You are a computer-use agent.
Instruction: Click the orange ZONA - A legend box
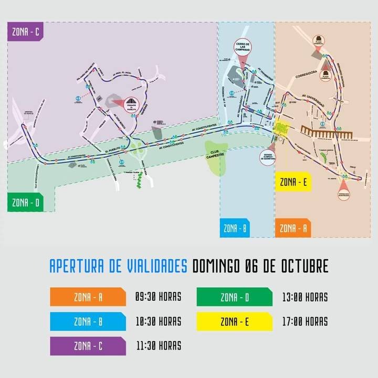tap(88, 297)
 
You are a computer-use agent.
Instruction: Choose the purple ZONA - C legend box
tap(88, 346)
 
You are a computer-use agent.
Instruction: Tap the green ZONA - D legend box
tap(234, 297)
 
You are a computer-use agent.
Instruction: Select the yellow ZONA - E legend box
tap(234, 321)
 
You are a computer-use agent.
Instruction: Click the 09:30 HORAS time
tap(158, 297)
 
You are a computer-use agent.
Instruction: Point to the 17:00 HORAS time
tap(304, 321)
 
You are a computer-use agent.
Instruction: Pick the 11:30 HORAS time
tap(158, 345)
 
